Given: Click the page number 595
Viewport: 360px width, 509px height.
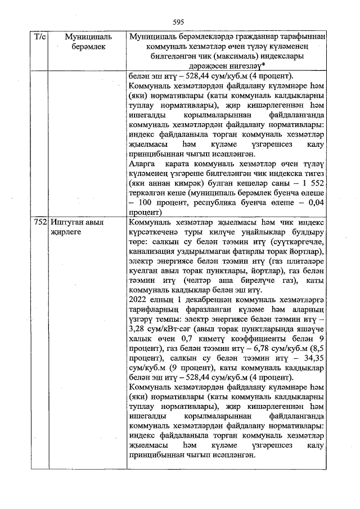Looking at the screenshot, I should (179, 22).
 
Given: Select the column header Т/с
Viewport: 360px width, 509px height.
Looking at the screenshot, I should (40, 37).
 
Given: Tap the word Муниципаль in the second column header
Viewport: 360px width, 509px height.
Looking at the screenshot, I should (88, 37).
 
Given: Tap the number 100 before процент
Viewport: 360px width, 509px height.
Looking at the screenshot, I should (145, 204).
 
